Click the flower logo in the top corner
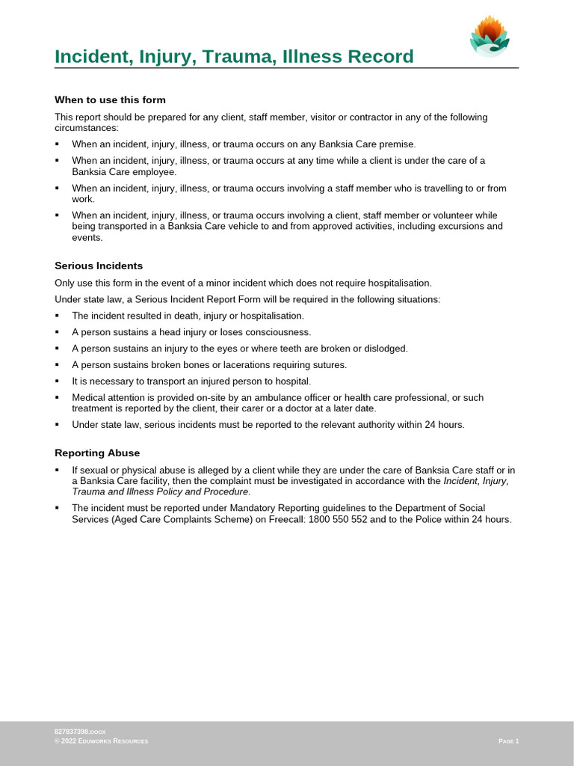pos(490,37)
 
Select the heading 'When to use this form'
pos(110,99)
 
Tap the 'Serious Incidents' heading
pos(99,266)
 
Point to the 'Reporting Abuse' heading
pos(97,453)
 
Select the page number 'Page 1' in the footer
pos(508,741)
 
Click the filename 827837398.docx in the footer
pos(75,729)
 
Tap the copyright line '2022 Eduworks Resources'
pos(104,741)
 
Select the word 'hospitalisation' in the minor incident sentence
pos(397,283)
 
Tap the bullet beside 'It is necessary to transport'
pos(57,382)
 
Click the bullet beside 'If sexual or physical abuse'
pos(57,470)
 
